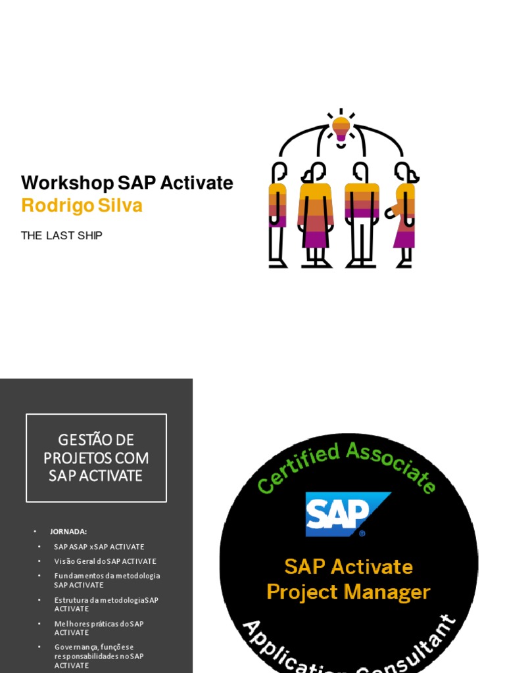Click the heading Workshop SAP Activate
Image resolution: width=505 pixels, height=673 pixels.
pyautogui.click(x=127, y=183)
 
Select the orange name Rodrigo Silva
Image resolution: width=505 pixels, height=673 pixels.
pyautogui.click(x=82, y=206)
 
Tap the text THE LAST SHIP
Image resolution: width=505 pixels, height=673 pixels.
pyautogui.click(x=62, y=235)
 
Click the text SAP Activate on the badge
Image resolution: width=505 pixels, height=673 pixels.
pyautogui.click(x=349, y=567)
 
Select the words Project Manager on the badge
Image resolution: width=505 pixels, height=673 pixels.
pyautogui.click(x=349, y=592)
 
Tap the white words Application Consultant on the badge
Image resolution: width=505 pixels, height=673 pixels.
pyautogui.click(x=349, y=647)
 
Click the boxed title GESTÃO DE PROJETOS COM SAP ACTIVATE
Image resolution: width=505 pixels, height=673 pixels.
pyautogui.click(x=96, y=457)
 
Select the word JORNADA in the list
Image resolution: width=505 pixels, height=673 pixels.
pyautogui.click(x=68, y=531)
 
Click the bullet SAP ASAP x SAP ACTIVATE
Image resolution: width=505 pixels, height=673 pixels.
pyautogui.click(x=99, y=547)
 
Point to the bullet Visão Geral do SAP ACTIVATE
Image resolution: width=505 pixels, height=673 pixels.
pyautogui.click(x=105, y=561)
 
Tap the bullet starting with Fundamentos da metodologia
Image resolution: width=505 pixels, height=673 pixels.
pyautogui.click(x=107, y=580)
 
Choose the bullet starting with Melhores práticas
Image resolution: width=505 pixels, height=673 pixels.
pyautogui.click(x=99, y=628)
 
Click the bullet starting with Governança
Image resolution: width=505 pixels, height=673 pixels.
pyautogui.click(x=99, y=656)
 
